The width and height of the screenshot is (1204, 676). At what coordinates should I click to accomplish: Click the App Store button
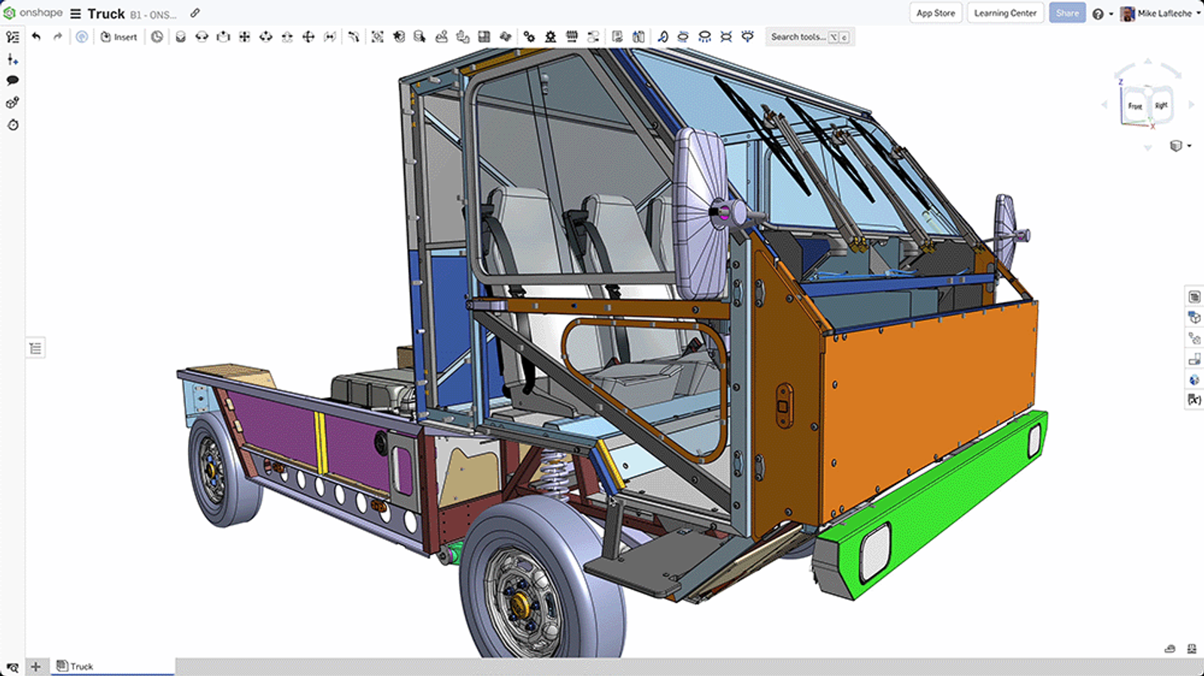[935, 13]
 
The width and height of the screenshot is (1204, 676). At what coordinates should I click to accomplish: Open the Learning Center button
[1005, 13]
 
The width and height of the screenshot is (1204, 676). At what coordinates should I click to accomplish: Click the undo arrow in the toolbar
[36, 36]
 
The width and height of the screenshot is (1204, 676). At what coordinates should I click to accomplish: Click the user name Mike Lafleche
[1163, 14]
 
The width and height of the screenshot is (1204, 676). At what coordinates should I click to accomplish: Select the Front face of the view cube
[1135, 105]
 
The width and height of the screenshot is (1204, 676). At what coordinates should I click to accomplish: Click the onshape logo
[33, 13]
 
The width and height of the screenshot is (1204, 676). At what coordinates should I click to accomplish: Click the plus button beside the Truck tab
[35, 666]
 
